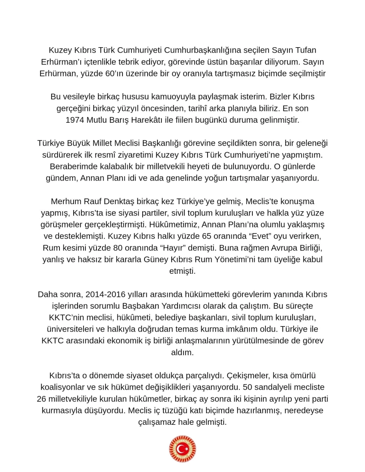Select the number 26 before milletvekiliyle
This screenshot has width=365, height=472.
[x=42, y=399]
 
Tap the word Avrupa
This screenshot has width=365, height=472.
[x=267, y=248]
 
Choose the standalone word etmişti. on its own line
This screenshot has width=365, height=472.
[x=182, y=271]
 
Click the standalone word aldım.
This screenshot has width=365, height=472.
[x=182, y=352]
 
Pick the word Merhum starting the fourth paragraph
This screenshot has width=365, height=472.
[x=65, y=201]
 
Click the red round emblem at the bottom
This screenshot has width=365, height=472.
[x=182, y=449]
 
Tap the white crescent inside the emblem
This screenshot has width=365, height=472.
[x=180, y=449]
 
